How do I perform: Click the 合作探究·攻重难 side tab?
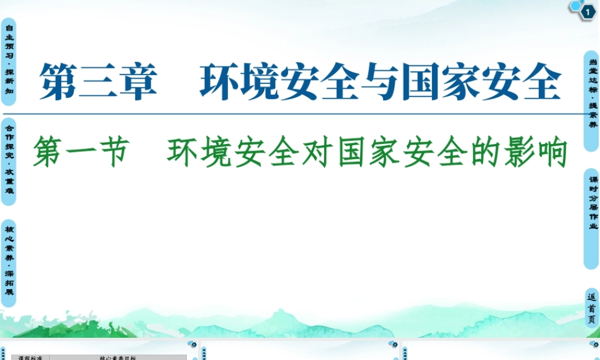8,161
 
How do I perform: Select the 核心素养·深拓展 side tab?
8,262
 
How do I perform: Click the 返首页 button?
592,308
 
